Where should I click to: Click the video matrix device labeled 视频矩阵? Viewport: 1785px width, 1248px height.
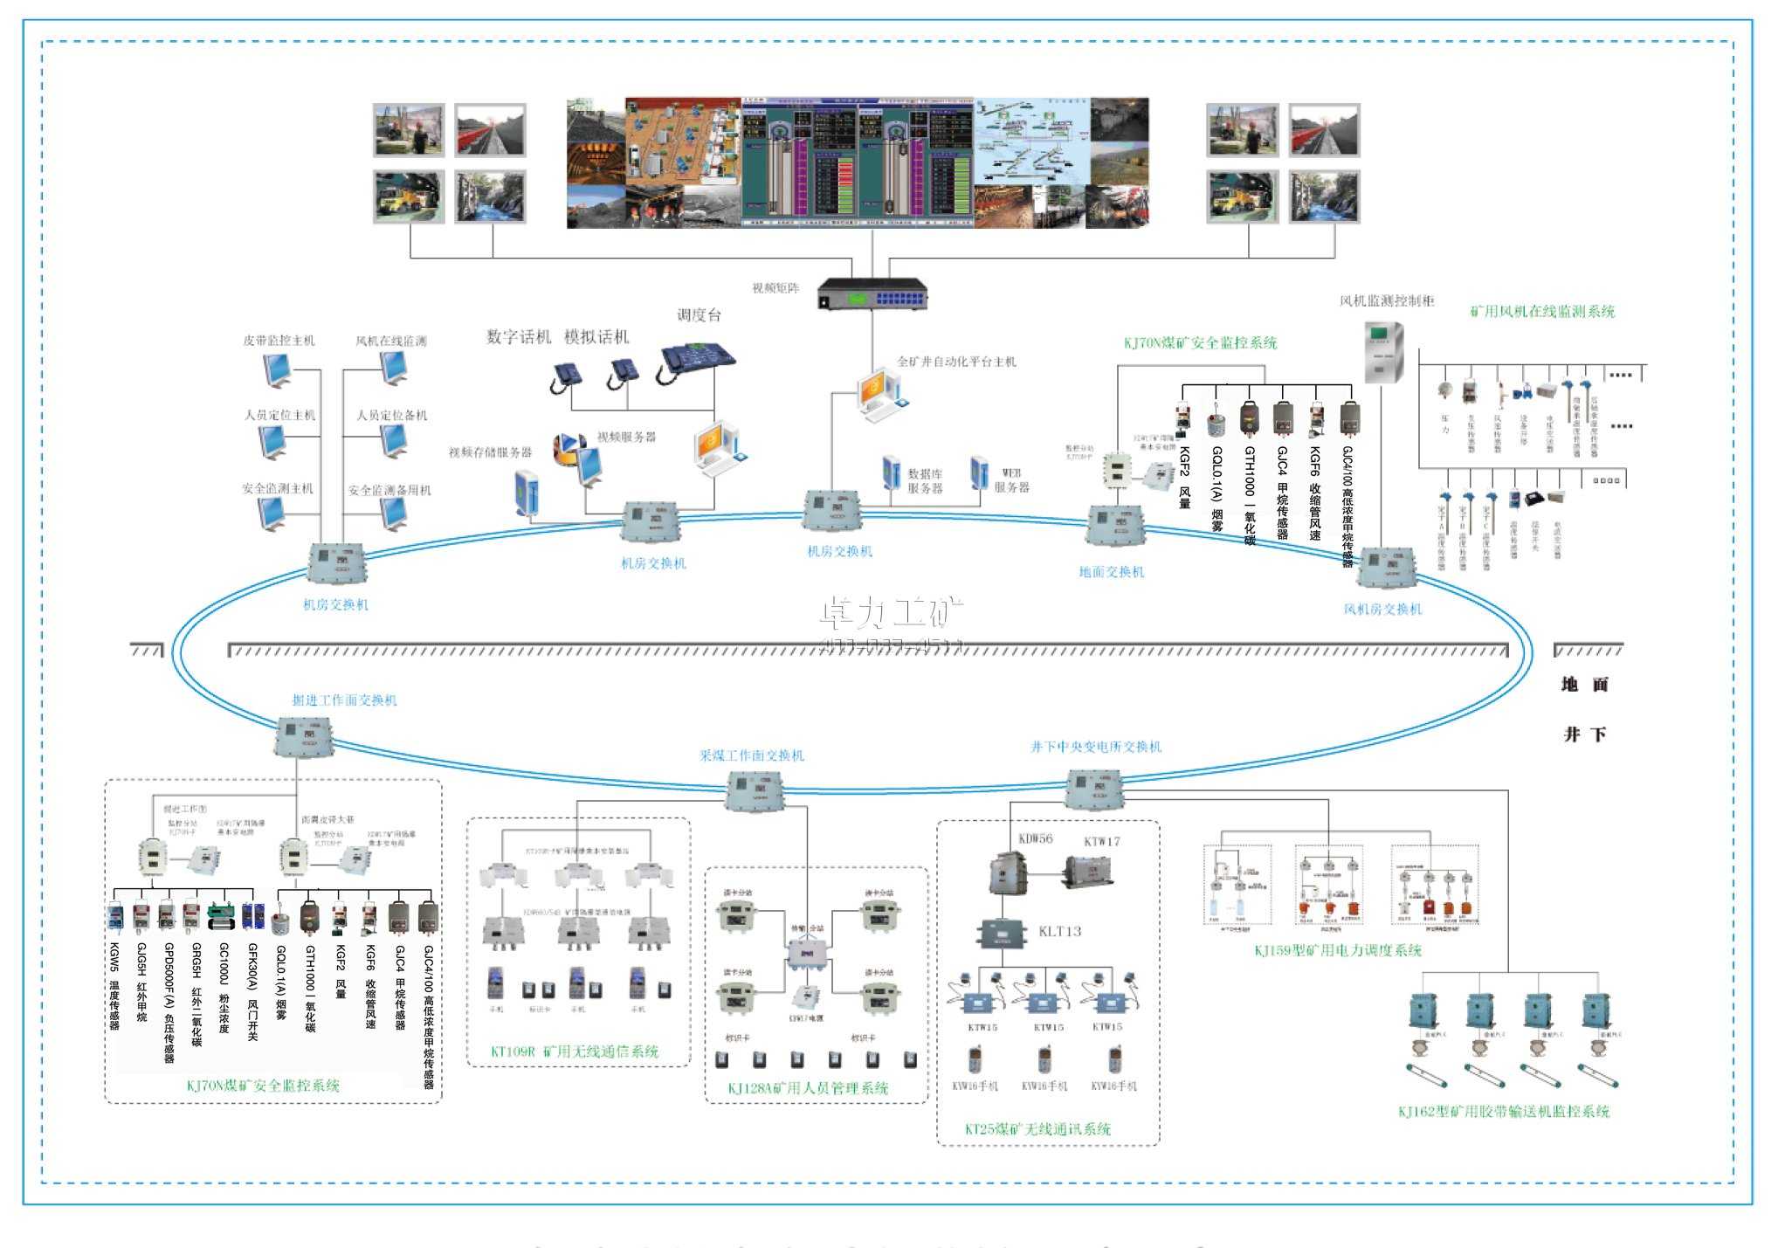(x=872, y=294)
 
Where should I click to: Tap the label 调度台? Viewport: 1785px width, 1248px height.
(x=699, y=315)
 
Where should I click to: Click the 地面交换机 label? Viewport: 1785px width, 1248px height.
(x=1111, y=572)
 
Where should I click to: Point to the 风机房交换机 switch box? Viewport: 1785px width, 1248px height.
(x=1387, y=569)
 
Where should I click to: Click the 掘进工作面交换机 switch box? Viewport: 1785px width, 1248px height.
(x=304, y=737)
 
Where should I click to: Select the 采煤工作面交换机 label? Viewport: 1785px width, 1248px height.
(x=751, y=755)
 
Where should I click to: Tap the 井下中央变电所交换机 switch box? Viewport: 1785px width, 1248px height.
(x=1094, y=789)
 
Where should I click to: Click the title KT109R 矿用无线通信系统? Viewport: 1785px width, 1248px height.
(x=575, y=1051)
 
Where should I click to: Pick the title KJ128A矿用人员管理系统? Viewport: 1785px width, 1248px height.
(x=808, y=1088)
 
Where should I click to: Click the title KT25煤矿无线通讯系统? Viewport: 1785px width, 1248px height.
(x=1037, y=1129)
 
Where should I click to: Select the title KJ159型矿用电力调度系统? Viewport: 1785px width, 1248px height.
(x=1338, y=950)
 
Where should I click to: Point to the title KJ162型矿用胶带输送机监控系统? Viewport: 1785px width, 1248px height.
(x=1503, y=1112)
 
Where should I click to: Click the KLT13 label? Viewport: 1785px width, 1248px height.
(x=1059, y=932)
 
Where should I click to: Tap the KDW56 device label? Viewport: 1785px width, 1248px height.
(x=1036, y=838)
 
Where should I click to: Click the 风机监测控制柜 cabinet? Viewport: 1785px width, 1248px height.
(x=1384, y=352)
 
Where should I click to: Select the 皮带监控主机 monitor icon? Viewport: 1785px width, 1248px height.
(x=279, y=370)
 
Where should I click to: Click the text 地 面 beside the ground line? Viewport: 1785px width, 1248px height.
(x=1584, y=685)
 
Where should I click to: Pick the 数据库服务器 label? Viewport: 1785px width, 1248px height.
(x=925, y=480)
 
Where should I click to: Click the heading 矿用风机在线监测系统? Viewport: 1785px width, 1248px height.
(x=1542, y=312)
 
